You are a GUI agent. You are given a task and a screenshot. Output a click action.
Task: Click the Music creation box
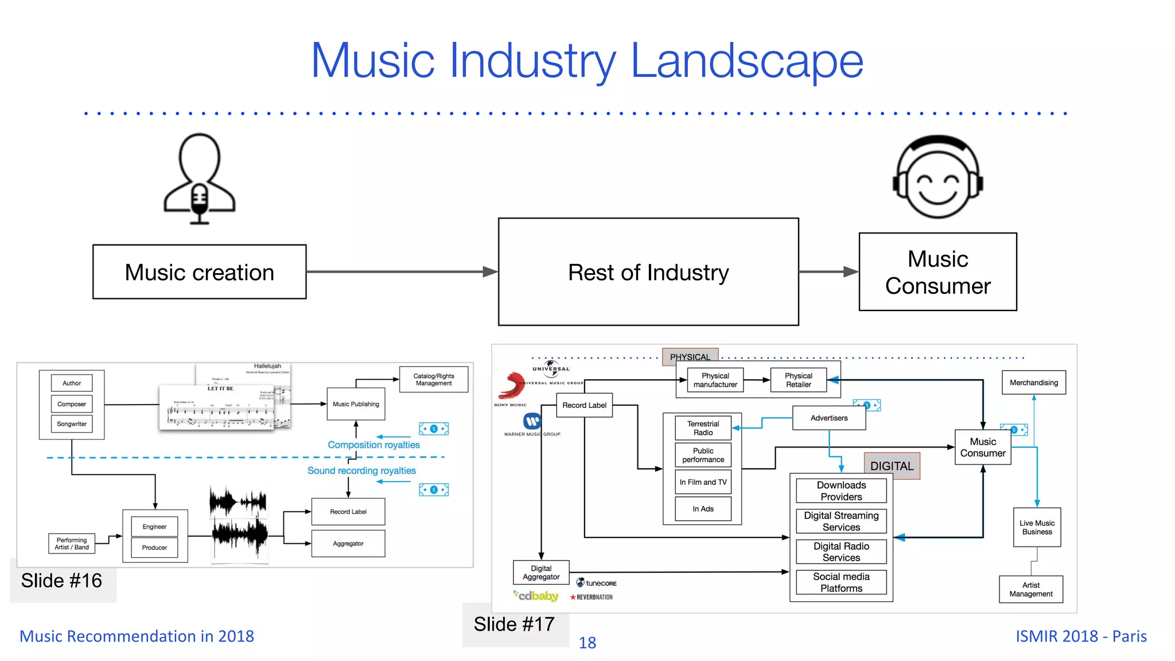tap(199, 272)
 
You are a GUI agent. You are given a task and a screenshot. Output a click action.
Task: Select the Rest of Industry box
tap(648, 272)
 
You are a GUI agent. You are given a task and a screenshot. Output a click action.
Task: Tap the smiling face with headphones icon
tap(938, 177)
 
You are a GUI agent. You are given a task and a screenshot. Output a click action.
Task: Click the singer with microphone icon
tap(199, 178)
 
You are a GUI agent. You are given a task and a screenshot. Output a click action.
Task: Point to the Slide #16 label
tap(62, 581)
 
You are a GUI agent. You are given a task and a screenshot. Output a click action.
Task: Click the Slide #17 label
tap(514, 624)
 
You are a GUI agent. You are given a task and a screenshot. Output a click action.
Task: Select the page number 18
tap(587, 643)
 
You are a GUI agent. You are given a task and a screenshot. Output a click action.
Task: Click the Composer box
tap(72, 404)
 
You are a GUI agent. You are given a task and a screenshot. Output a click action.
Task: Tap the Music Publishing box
tap(356, 404)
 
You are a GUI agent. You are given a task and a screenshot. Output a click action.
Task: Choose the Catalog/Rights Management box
tap(434, 380)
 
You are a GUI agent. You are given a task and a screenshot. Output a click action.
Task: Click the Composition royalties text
tap(373, 445)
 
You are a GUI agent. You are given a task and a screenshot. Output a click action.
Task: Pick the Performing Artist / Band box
tap(72, 543)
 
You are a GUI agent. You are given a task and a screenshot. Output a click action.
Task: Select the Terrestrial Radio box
tap(703, 428)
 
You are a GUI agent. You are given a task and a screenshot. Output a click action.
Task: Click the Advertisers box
tap(828, 418)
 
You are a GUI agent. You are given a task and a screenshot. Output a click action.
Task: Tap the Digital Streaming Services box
tap(841, 521)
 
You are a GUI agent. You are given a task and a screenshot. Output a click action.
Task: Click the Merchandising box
tap(1033, 383)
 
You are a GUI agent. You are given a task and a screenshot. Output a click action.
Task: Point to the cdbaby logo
tap(536, 596)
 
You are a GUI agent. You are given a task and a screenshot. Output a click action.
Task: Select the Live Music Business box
tap(1037, 527)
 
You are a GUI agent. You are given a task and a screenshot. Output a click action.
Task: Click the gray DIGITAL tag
tap(892, 466)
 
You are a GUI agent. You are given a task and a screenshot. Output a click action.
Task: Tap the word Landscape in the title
tap(746, 61)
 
